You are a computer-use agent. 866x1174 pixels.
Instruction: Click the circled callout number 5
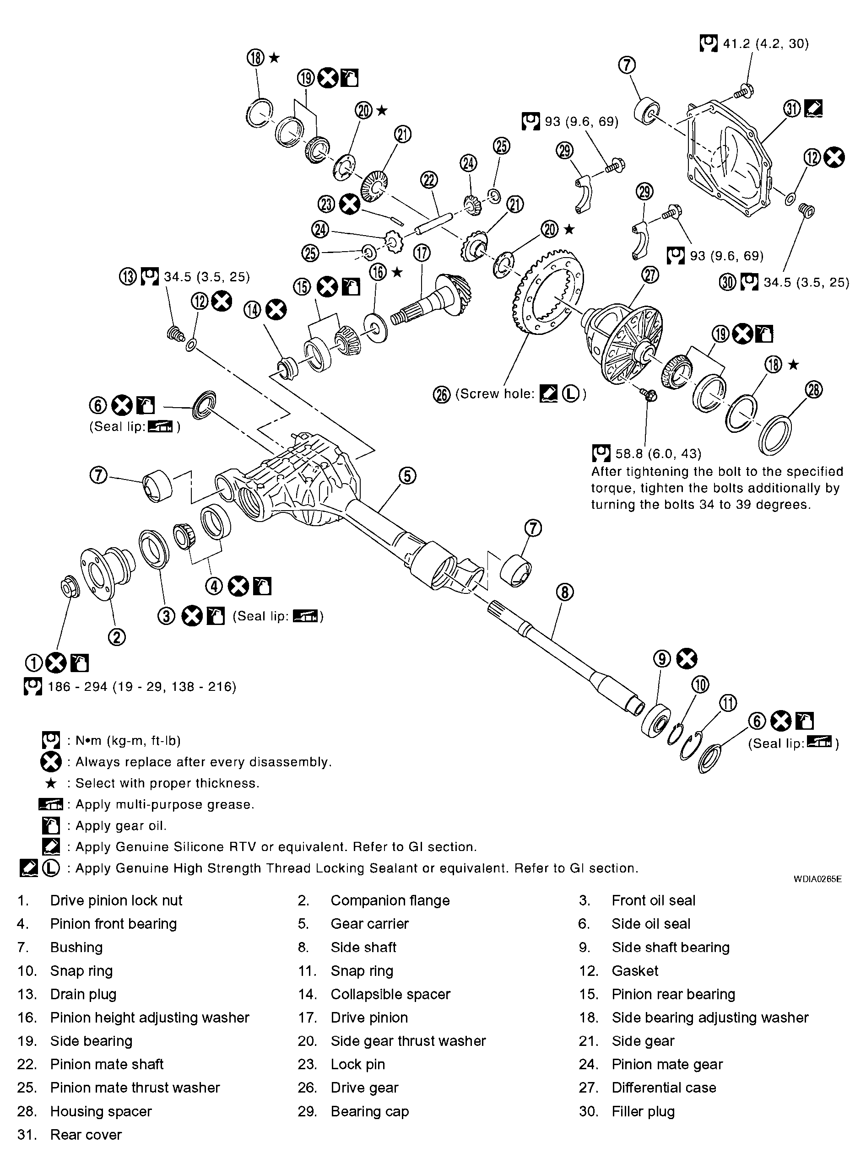[407, 476]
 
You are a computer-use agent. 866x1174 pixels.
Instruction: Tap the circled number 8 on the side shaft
[564, 592]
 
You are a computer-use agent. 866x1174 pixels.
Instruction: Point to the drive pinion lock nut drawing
[69, 587]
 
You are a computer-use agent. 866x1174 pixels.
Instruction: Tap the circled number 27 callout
[650, 275]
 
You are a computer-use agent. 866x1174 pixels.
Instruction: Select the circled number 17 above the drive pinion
[422, 253]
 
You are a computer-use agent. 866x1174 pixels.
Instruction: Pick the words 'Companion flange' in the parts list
[390, 900]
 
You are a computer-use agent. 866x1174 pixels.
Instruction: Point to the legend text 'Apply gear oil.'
[120, 826]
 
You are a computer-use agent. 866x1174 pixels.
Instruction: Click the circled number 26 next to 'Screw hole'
[441, 394]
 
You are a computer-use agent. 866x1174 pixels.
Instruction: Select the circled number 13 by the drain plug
[127, 277]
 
